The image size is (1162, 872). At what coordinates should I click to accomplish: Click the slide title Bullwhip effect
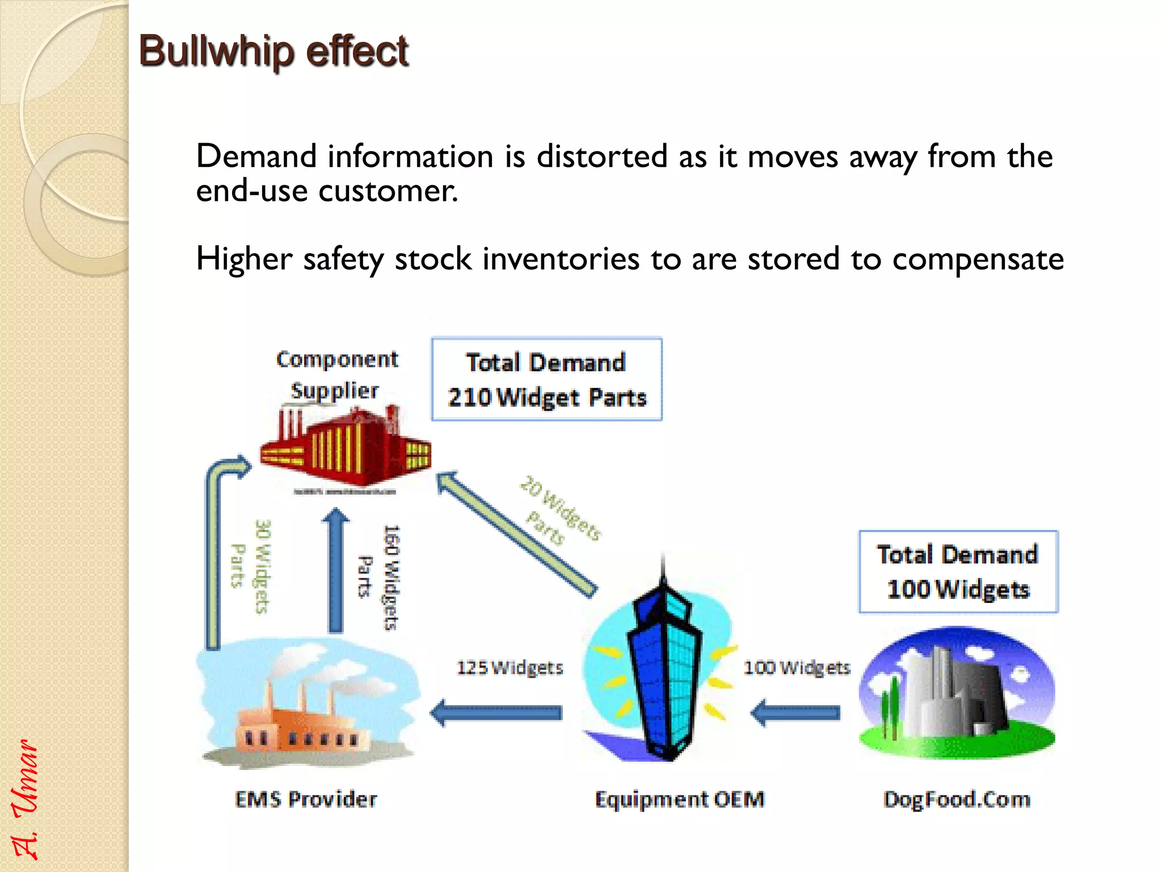(x=273, y=51)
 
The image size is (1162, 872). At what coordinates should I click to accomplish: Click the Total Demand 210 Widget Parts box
(x=546, y=379)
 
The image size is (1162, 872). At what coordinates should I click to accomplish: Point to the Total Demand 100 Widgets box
(x=958, y=572)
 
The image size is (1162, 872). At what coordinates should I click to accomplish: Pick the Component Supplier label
(x=336, y=375)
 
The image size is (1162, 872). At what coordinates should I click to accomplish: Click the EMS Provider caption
(x=306, y=799)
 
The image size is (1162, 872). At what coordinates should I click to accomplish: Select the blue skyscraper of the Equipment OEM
(x=664, y=670)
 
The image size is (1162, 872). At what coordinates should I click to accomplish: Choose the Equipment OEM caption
(x=679, y=799)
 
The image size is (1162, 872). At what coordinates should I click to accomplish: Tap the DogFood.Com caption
(x=957, y=799)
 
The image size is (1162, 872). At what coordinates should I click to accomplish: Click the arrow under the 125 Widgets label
(x=496, y=713)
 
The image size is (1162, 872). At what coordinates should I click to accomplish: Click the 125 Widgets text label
(x=510, y=668)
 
